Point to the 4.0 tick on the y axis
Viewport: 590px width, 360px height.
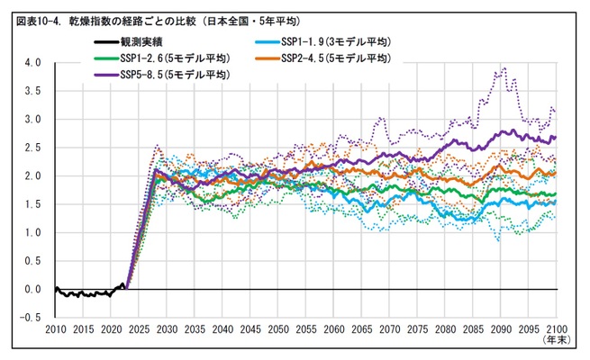coord(33,63)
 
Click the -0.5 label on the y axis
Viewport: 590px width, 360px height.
coord(32,317)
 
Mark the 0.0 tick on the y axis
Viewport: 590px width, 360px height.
coord(33,289)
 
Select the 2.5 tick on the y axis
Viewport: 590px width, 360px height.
coord(33,148)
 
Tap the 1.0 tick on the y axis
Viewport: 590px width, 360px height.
coord(33,232)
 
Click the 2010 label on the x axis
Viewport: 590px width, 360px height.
coord(55,330)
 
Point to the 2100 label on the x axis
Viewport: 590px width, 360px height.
coord(557,330)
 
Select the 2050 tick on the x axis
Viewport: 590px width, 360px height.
coord(278,330)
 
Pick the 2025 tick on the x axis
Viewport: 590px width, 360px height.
coord(139,330)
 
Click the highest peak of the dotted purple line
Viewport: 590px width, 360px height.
coord(504,67)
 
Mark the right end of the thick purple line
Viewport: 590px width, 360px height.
coord(556,137)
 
